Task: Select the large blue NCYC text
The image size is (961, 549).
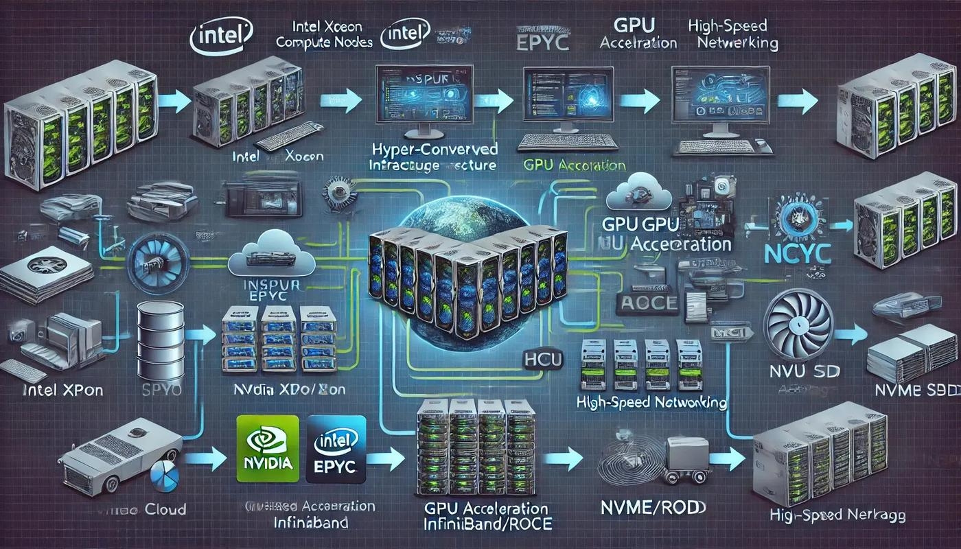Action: click(798, 252)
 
